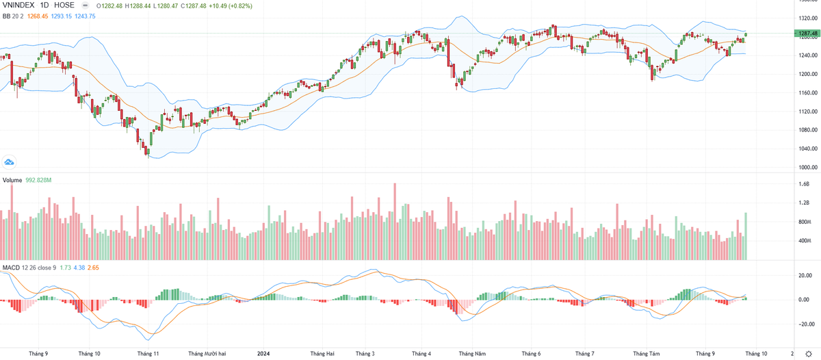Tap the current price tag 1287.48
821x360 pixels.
pos(805,33)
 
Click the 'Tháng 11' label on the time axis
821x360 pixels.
pos(148,354)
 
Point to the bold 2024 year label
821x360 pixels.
pos(264,354)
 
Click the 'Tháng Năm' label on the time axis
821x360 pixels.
pos(472,354)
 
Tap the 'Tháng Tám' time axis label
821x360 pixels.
pos(646,354)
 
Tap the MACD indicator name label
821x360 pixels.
pos(10,266)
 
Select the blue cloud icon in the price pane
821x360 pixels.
pos(10,162)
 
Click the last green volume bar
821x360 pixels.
pos(746,236)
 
